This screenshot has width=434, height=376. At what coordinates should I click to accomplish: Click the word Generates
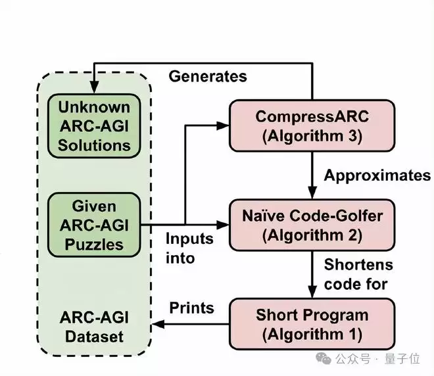click(x=208, y=76)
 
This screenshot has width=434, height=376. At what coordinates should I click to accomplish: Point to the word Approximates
click(x=377, y=176)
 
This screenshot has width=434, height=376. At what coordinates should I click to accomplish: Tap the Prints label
click(x=191, y=307)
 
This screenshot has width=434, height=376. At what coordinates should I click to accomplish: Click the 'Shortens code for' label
click(x=358, y=274)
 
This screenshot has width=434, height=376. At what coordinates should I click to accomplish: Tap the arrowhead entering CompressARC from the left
click(x=223, y=124)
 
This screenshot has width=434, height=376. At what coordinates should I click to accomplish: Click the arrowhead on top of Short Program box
click(x=312, y=293)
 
